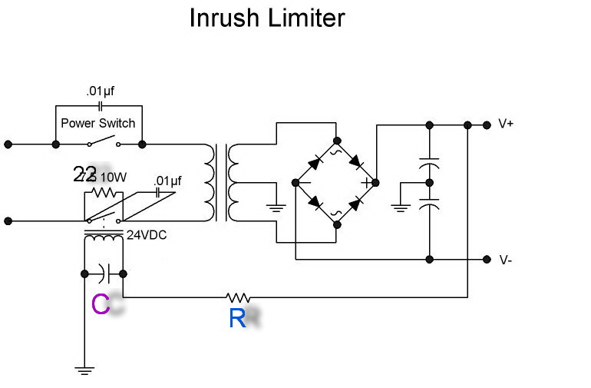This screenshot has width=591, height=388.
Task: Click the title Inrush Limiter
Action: click(x=266, y=18)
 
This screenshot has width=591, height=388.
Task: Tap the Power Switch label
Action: click(x=97, y=123)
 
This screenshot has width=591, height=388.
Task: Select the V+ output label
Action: click(x=507, y=124)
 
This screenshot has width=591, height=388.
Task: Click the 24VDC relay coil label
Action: click(x=146, y=234)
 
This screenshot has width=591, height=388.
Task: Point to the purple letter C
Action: click(x=100, y=304)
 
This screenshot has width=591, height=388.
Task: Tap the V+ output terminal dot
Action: click(x=487, y=124)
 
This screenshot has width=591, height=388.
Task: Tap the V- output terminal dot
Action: click(x=487, y=260)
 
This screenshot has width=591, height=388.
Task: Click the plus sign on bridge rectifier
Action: click(x=366, y=183)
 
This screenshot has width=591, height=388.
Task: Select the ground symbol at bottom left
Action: click(x=84, y=370)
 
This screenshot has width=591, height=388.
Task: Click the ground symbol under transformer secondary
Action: click(x=274, y=206)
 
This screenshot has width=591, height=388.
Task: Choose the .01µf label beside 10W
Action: click(x=167, y=181)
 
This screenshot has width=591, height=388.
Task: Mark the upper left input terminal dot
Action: click(x=8, y=144)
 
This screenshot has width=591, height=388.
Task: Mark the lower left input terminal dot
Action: click(x=8, y=221)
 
